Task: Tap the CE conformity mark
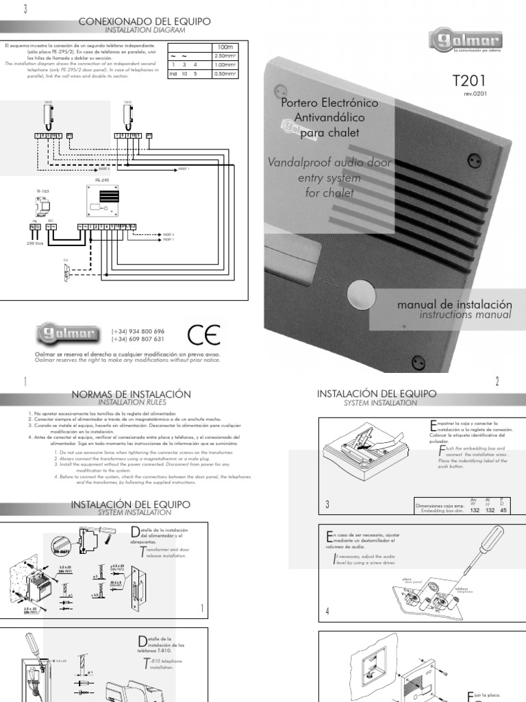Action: (x=203, y=334)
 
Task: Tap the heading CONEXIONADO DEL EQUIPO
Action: (x=145, y=22)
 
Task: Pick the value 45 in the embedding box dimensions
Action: (x=505, y=509)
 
